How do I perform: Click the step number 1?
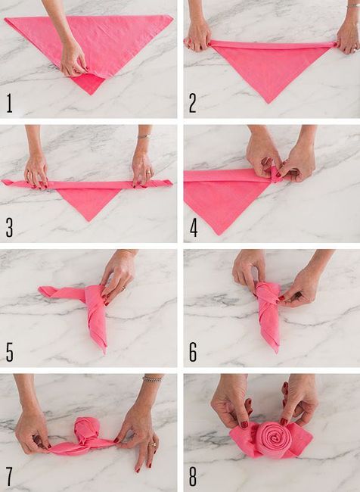coord(9,103)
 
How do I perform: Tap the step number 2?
coord(193,103)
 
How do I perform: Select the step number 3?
coord(9,228)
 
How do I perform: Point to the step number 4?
coord(194,228)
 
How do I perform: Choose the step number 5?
coord(10,352)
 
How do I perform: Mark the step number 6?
coord(193,352)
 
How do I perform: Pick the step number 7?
coord(9,477)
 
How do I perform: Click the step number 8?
coord(193,477)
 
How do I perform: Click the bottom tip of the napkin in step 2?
coord(268,103)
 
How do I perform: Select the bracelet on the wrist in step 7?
coord(153,378)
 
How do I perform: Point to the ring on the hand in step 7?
coord(154,444)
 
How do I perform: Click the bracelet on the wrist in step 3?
coord(144,136)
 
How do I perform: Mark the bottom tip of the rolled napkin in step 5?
coord(104,353)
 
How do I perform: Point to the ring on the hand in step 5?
coord(124,288)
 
